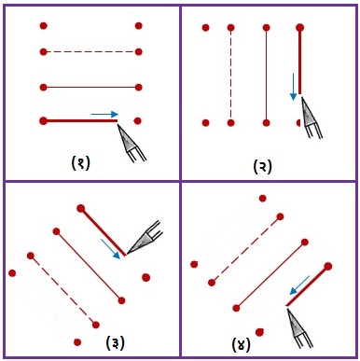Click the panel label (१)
tap(80, 162)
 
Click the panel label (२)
tap(262, 166)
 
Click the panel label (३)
tap(115, 343)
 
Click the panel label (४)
tap(241, 344)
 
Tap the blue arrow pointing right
tap(104, 115)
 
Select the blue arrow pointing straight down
tap(293, 87)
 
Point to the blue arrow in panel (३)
tap(110, 249)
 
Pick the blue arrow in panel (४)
tap(299, 285)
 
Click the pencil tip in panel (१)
tap(118, 124)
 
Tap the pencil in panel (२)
tap(312, 118)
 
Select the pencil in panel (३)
tap(144, 237)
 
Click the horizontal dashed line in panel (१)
tap(91, 52)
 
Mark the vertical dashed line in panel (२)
tap(230, 76)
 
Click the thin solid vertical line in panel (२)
tap(266, 76)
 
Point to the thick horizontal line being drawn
tap(80, 120)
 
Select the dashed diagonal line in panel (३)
tap(63, 290)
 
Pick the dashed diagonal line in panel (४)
tap(246, 249)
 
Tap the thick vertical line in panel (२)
tap(299, 61)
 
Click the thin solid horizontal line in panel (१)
tap(91, 88)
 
